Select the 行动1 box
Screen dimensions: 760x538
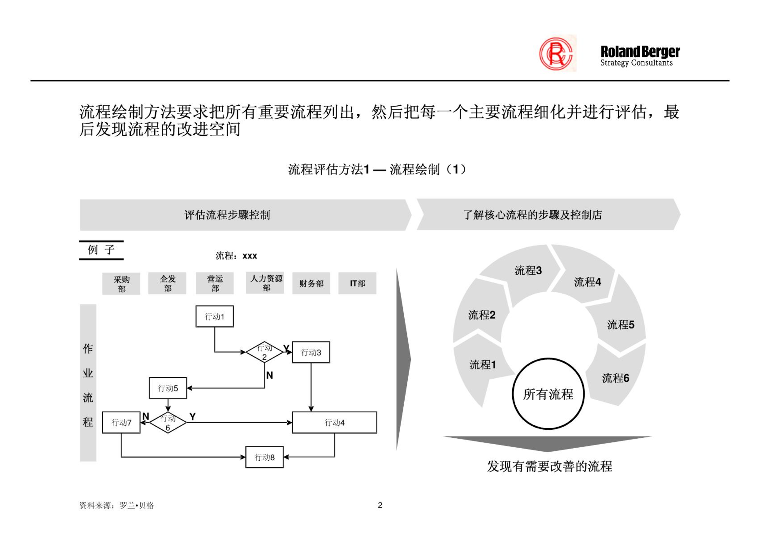[x=214, y=316]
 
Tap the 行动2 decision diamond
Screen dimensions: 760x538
[x=264, y=352]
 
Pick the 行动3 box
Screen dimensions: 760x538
[x=311, y=352]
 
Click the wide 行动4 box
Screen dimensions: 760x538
[x=334, y=422]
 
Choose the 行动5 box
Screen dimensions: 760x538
[x=168, y=388]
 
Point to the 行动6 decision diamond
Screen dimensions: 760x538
[x=168, y=422]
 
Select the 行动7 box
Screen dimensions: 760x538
[x=121, y=422]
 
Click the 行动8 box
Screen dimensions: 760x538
[x=264, y=457]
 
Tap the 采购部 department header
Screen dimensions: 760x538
[x=121, y=284]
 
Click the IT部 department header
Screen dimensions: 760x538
[x=357, y=283]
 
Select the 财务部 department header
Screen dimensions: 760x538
[x=311, y=283]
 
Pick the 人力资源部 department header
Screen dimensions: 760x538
[x=265, y=283]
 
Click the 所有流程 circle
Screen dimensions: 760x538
[x=548, y=394]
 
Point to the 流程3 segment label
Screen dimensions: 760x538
[x=528, y=270]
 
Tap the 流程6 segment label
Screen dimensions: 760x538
[x=616, y=378]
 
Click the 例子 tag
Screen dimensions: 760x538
[x=101, y=250]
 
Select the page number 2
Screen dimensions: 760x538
[x=380, y=505]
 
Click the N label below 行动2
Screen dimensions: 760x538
[x=269, y=375]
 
